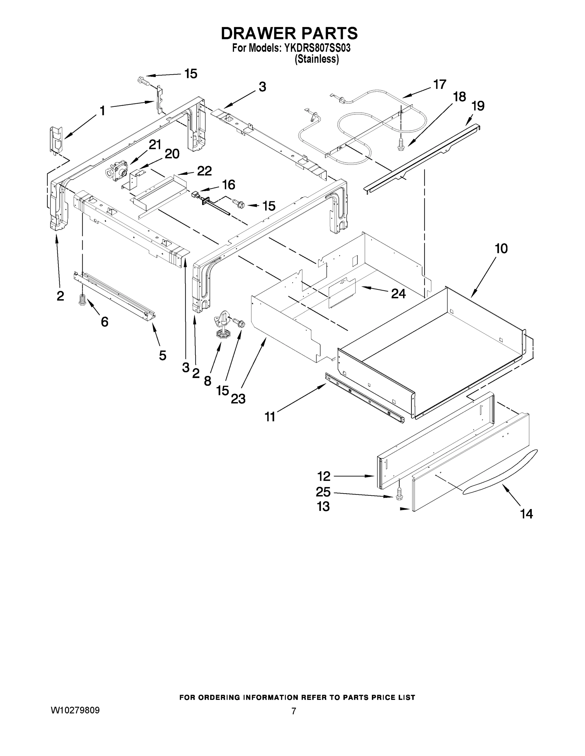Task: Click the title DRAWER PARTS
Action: (x=289, y=34)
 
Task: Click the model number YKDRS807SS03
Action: (x=317, y=48)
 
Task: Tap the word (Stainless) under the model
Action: (x=316, y=59)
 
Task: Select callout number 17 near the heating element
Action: (x=439, y=84)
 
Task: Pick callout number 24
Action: (x=398, y=294)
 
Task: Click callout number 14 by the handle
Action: (x=526, y=514)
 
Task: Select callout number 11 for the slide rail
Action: (x=270, y=417)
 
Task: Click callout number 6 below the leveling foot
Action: (x=104, y=322)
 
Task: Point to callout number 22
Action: (x=204, y=171)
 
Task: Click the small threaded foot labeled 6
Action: (x=83, y=300)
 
